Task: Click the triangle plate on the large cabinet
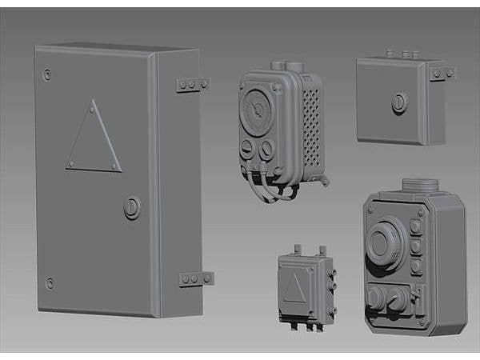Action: [x=94, y=140]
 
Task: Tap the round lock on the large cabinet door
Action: [x=132, y=208]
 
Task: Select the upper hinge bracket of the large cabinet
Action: [x=192, y=84]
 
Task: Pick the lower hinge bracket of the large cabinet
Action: [x=196, y=279]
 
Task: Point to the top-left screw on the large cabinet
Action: [x=48, y=74]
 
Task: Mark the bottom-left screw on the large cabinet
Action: [x=50, y=282]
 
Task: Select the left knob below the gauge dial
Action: [x=249, y=150]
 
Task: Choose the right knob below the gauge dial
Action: [x=266, y=149]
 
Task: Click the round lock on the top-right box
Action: [x=398, y=102]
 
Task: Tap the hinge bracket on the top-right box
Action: [x=442, y=74]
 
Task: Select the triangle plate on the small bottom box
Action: [x=294, y=287]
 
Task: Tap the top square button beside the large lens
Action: [x=416, y=226]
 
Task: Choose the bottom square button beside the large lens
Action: [x=416, y=266]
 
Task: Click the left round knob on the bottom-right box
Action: [x=375, y=298]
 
